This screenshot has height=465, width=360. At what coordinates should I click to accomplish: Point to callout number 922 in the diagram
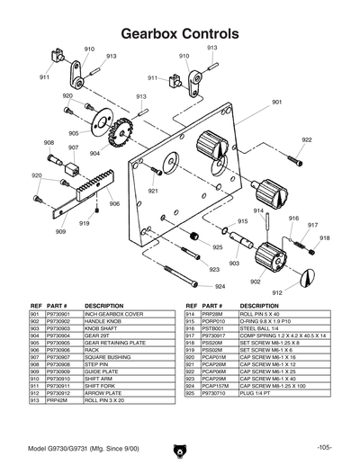coord(307,140)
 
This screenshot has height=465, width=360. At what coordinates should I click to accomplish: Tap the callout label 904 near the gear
coord(94,154)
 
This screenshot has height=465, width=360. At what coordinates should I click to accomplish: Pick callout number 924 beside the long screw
coord(220,286)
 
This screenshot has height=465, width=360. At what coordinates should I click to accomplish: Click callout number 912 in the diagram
coord(277,292)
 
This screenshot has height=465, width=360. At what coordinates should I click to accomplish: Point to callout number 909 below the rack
coord(60,231)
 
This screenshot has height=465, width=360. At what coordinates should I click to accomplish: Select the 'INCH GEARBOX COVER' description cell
coord(115,314)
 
